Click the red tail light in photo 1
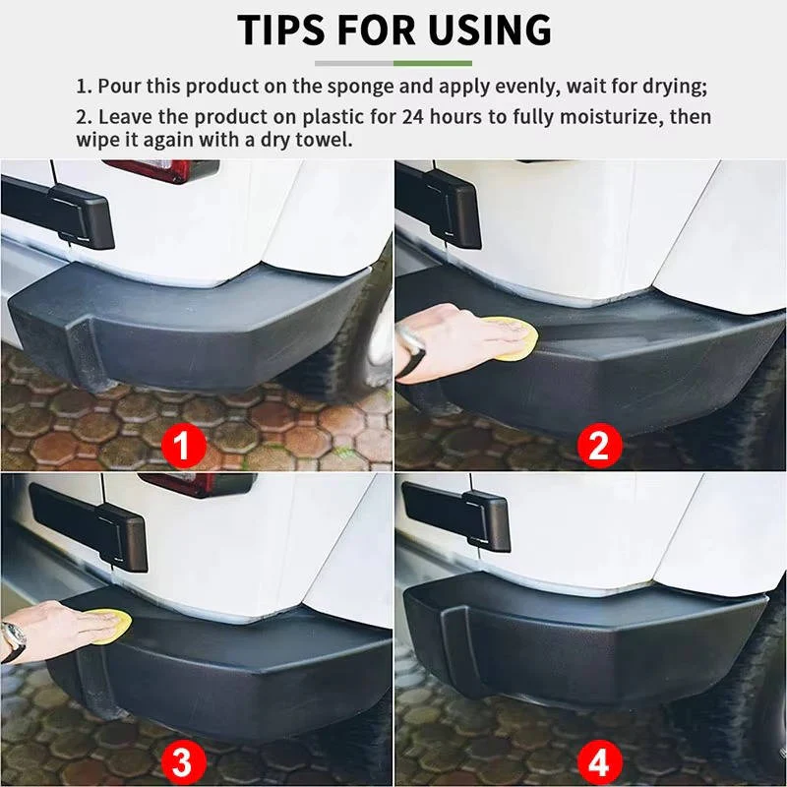(x=161, y=169)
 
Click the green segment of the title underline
(x=433, y=62)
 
